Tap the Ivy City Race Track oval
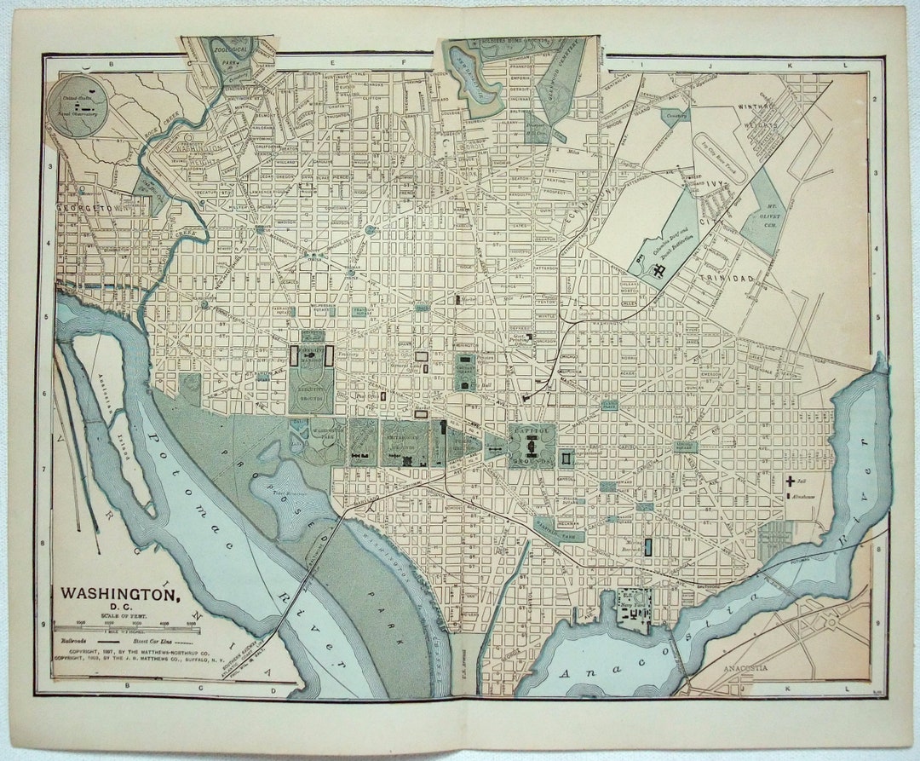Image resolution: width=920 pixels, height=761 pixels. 721,157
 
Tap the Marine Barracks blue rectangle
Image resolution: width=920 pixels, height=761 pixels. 647,547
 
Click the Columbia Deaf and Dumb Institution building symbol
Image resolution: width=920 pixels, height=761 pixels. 658,271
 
